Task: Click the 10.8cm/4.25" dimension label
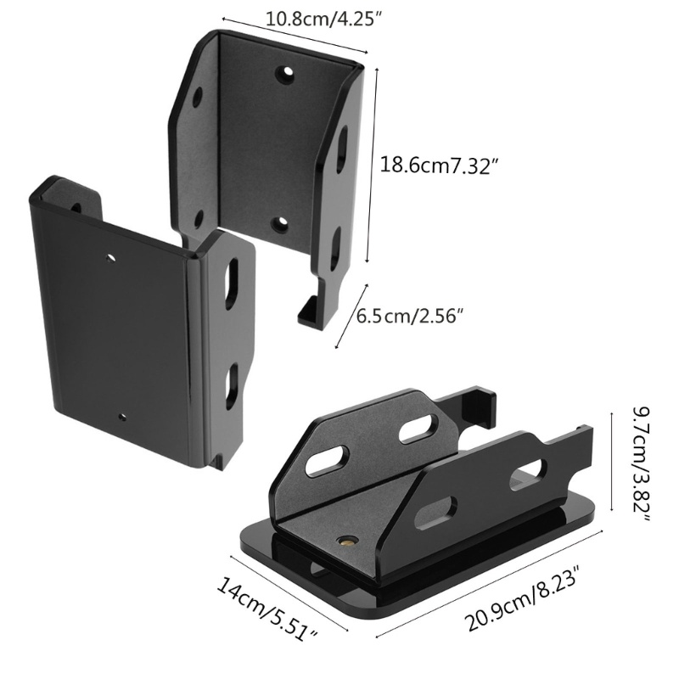click(x=324, y=20)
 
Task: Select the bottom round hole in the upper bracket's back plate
click(x=280, y=224)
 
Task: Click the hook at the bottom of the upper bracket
click(x=315, y=306)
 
